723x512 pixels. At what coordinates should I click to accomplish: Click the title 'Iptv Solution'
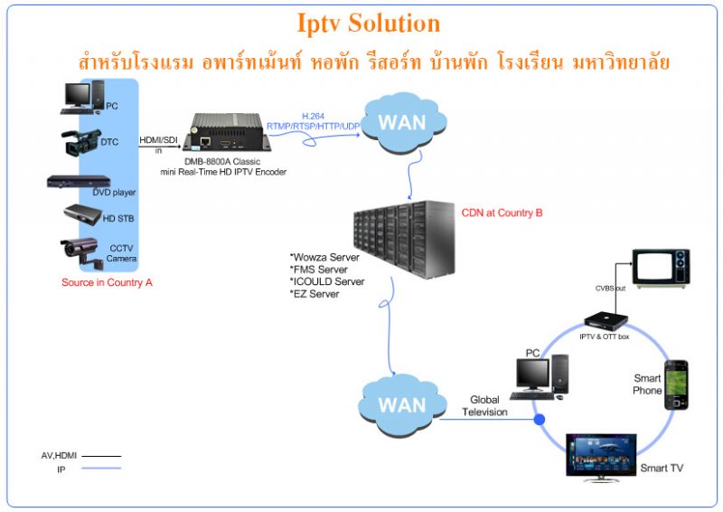pyautogui.click(x=369, y=23)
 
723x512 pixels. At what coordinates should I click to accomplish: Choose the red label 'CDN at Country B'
pyautogui.click(x=502, y=213)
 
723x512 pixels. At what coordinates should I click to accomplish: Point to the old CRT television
pyautogui.click(x=661, y=268)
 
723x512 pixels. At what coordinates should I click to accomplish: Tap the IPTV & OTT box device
pyautogui.click(x=604, y=319)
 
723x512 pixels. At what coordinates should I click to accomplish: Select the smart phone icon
pyautogui.click(x=676, y=384)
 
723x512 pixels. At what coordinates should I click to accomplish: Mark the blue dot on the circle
pyautogui.click(x=540, y=420)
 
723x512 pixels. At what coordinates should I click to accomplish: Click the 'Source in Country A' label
pyautogui.click(x=107, y=282)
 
